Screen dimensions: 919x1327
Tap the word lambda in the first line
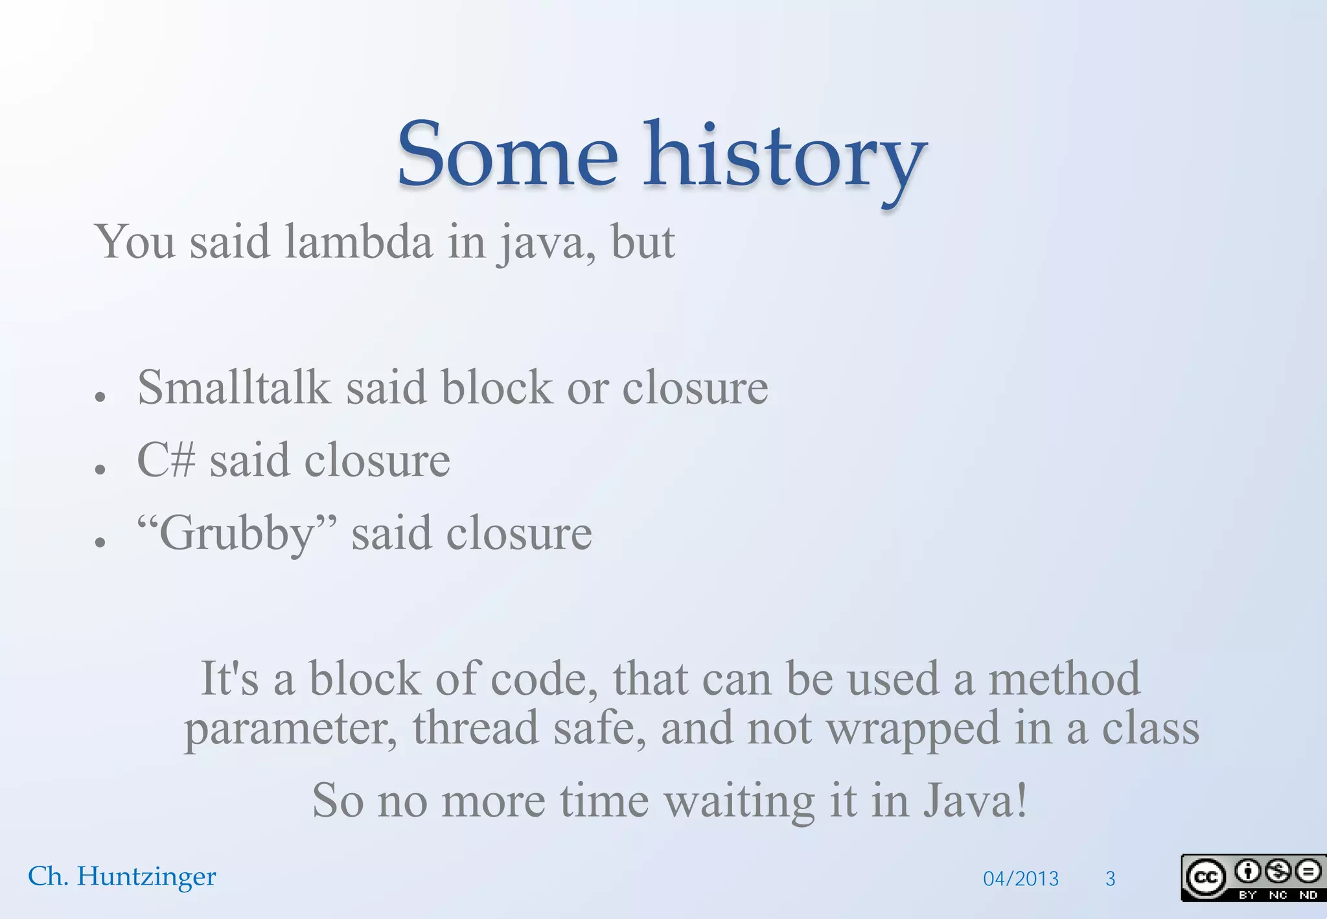pyautogui.click(x=358, y=242)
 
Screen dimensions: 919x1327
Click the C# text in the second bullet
pyautogui.click(x=166, y=460)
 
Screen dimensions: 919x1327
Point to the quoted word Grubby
pyautogui.click(x=237, y=534)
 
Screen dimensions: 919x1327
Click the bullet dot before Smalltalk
pyautogui.click(x=100, y=396)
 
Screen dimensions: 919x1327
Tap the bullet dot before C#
pyautogui.click(x=100, y=469)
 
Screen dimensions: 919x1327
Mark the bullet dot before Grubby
pyautogui.click(x=100, y=542)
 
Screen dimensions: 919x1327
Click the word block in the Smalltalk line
pyautogui.click(x=496, y=388)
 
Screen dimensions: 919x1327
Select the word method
pyautogui.click(x=1063, y=679)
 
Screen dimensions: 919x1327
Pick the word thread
pyautogui.click(x=476, y=728)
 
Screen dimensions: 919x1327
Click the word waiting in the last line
pyautogui.click(x=739, y=802)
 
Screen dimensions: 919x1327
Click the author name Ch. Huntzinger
pyautogui.click(x=122, y=876)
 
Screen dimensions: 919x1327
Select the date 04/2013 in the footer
pyautogui.click(x=1021, y=879)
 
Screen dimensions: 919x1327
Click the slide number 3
pyautogui.click(x=1110, y=879)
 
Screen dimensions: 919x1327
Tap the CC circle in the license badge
pyautogui.click(x=1205, y=878)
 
